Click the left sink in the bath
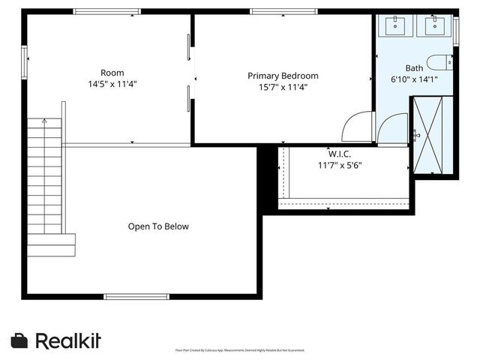396,26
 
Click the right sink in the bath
435,26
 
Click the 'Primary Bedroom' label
283,76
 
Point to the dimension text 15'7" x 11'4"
283,87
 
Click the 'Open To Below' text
158,226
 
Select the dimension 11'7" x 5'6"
340,166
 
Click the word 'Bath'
414,67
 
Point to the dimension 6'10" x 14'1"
414,79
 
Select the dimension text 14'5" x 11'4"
112,84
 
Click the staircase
46,184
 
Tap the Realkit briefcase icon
20,340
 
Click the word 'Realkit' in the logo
68,340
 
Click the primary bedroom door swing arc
356,126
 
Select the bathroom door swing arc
393,128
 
